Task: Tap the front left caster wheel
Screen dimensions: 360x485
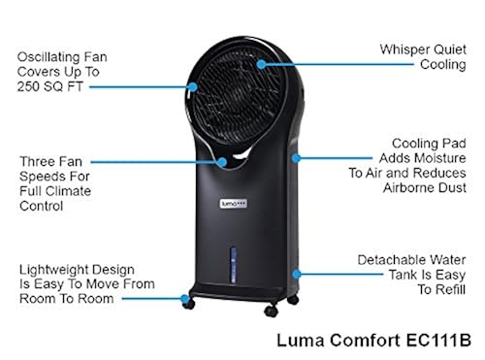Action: [x=188, y=304]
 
